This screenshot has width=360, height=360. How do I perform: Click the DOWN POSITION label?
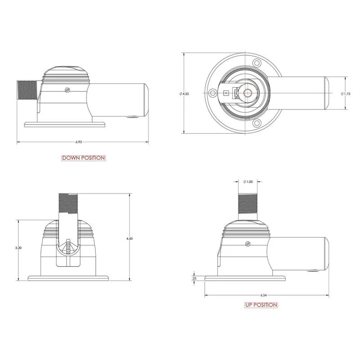[x=83, y=158]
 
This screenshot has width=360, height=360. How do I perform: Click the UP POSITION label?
[x=261, y=305]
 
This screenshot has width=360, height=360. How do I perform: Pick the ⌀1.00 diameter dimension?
[x=247, y=181]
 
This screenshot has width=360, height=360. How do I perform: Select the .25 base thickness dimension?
[x=193, y=279]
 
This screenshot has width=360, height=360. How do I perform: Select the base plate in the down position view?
[x=65, y=124]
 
